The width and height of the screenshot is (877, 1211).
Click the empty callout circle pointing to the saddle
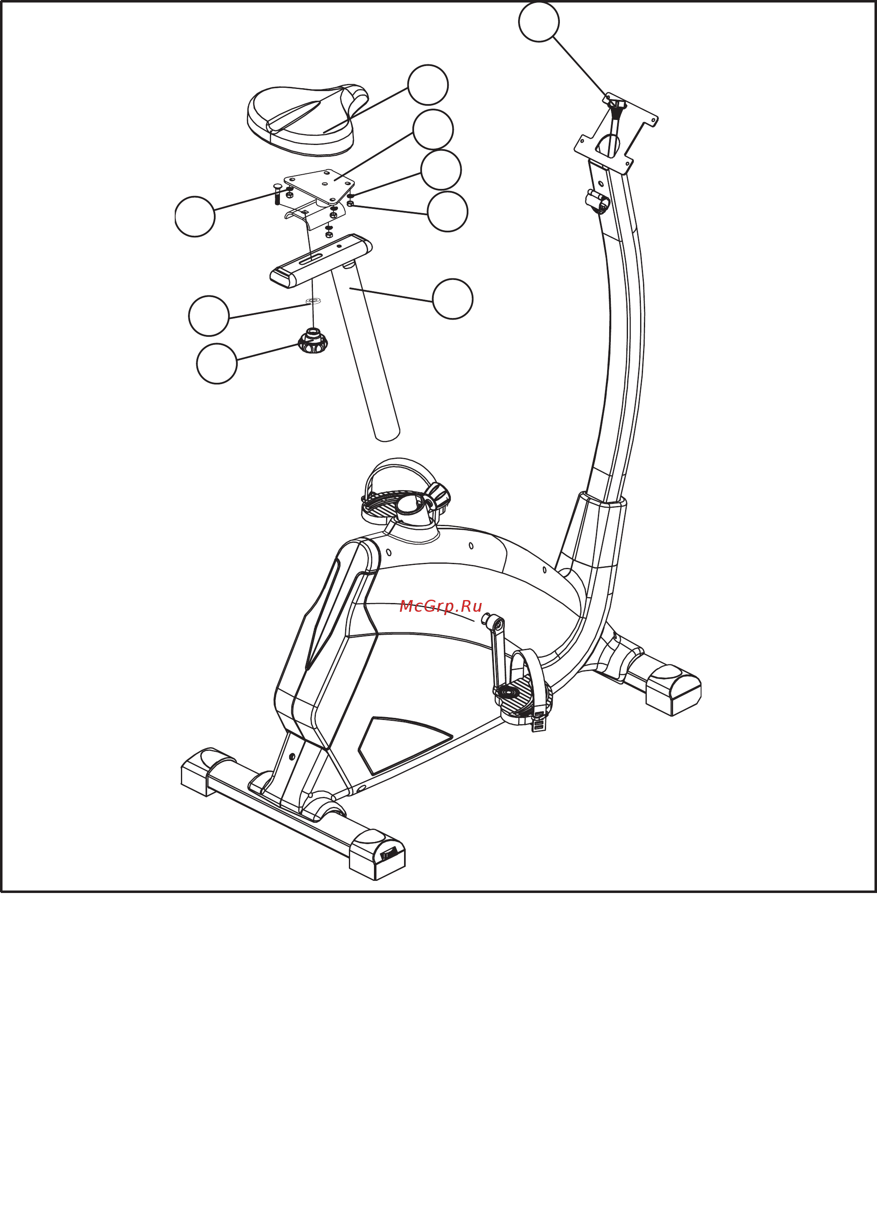[x=427, y=85]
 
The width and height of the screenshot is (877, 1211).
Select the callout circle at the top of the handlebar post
[x=539, y=21]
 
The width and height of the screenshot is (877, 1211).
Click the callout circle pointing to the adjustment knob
[x=217, y=363]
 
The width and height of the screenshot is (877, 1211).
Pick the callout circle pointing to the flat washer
[x=209, y=315]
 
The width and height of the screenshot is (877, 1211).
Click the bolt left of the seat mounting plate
[x=277, y=194]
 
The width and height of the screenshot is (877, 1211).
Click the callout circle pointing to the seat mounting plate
[x=433, y=129]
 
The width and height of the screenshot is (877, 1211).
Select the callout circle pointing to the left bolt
[x=195, y=216]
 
